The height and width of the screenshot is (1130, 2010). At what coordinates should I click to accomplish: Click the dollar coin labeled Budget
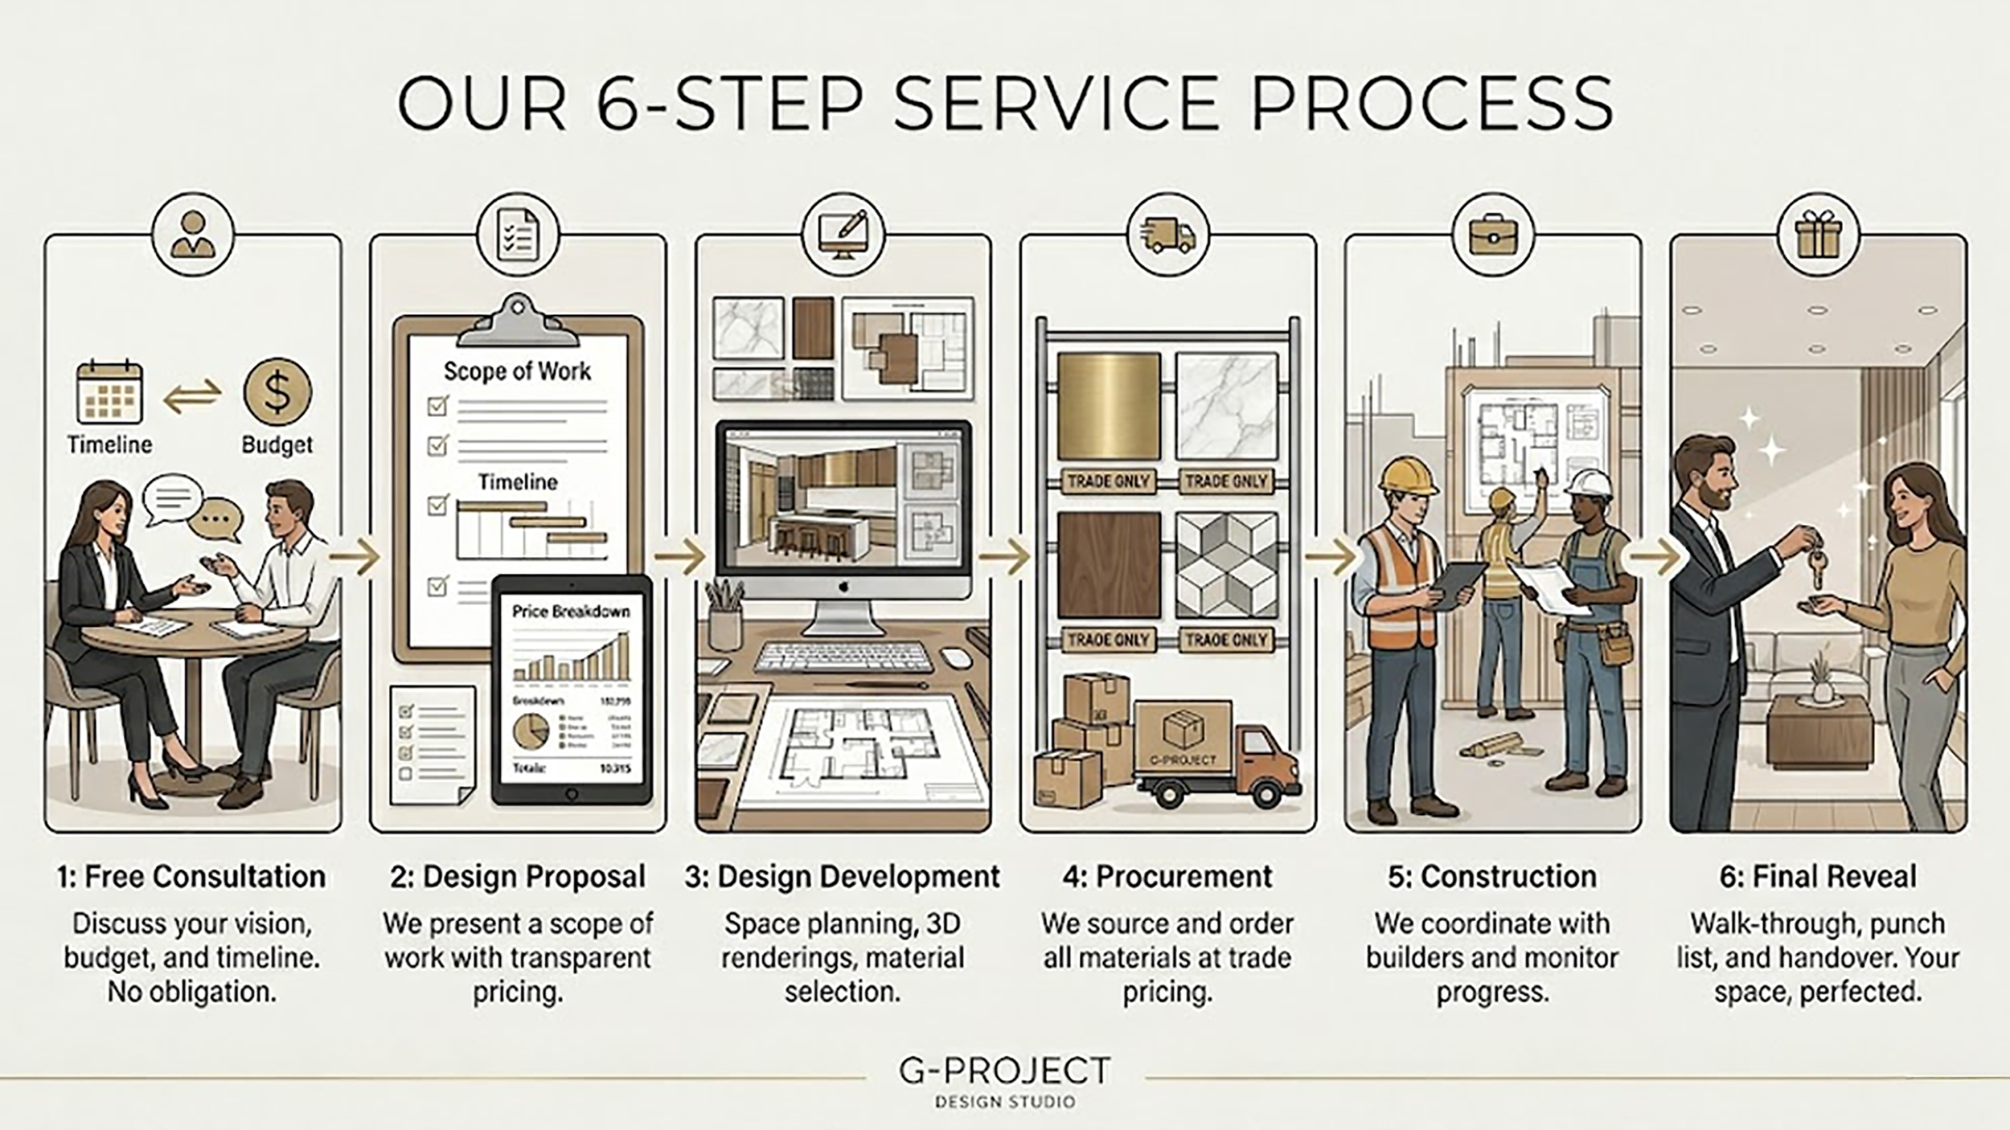point(277,392)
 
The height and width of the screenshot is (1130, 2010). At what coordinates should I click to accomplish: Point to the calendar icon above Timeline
point(110,394)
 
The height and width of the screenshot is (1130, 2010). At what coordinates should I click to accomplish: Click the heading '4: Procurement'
point(1167,877)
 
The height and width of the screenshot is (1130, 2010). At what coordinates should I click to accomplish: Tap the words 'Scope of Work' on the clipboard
point(517,371)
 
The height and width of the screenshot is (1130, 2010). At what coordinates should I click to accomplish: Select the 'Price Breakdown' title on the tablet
point(571,612)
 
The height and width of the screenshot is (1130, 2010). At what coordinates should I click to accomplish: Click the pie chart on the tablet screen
point(531,731)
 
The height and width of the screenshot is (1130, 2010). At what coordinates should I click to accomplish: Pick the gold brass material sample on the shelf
point(1109,406)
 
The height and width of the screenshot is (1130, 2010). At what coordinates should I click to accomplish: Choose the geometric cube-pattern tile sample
point(1226,564)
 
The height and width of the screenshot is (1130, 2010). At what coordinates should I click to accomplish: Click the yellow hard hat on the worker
point(1408,476)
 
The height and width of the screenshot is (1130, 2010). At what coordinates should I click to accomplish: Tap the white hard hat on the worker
point(1587,484)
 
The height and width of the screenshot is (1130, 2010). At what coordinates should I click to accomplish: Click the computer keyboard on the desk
point(843,657)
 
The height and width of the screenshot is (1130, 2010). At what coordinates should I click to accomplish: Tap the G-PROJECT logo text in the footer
point(1004,1071)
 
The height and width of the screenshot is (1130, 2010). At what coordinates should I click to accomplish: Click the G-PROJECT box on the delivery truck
point(1183,737)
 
